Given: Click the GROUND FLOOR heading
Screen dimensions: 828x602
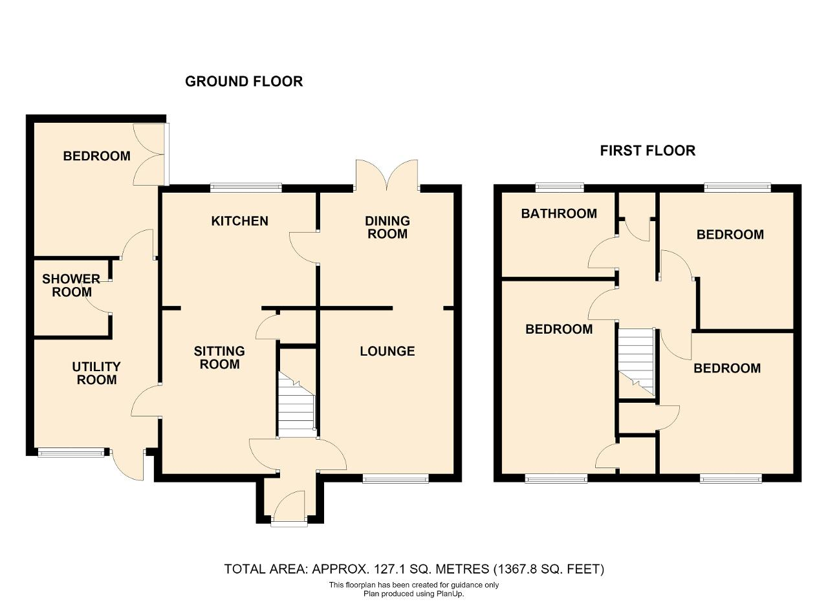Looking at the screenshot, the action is point(244,81).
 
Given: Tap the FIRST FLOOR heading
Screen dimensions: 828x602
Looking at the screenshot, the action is point(648,151).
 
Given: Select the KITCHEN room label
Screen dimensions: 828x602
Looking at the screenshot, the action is point(239,221).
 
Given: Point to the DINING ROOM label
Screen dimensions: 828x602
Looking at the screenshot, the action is point(387,227).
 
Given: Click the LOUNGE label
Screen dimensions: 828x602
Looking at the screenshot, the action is point(387,351).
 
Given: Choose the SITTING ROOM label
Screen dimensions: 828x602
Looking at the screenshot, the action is point(219,358).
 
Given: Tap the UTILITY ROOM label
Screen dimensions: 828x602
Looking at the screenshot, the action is point(96,373).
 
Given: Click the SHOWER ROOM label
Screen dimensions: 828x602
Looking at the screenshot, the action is point(71,285).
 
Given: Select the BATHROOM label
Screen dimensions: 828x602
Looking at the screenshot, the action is point(559,213).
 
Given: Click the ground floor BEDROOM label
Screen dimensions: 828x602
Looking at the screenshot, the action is point(97,156).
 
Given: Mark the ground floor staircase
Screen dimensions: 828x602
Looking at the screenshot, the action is point(296,405).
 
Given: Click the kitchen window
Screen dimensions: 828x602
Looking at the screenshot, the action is point(246,188).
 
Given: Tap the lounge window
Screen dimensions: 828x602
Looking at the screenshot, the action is point(395,479).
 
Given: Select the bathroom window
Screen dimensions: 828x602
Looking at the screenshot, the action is point(560,188).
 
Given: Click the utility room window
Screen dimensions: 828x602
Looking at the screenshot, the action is point(71,453).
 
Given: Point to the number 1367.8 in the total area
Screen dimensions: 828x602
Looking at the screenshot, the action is point(517,569).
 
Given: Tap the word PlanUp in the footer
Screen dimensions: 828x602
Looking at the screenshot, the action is point(452,594).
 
